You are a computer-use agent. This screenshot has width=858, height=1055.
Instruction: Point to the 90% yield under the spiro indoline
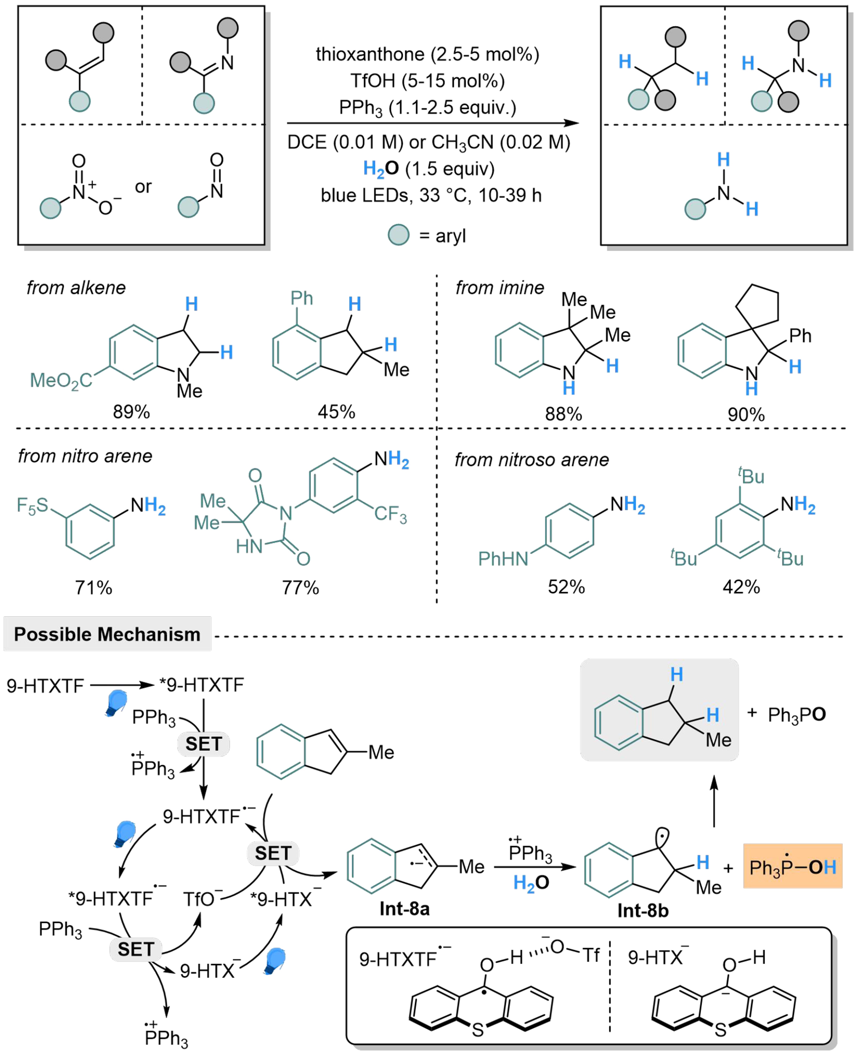click(746, 414)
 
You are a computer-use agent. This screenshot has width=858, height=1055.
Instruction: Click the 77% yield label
click(300, 587)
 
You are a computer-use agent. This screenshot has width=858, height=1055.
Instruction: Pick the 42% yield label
click(741, 587)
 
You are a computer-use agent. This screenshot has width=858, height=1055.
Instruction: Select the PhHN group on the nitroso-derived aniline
click(503, 559)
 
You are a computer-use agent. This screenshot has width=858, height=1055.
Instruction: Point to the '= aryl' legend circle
click(398, 235)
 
